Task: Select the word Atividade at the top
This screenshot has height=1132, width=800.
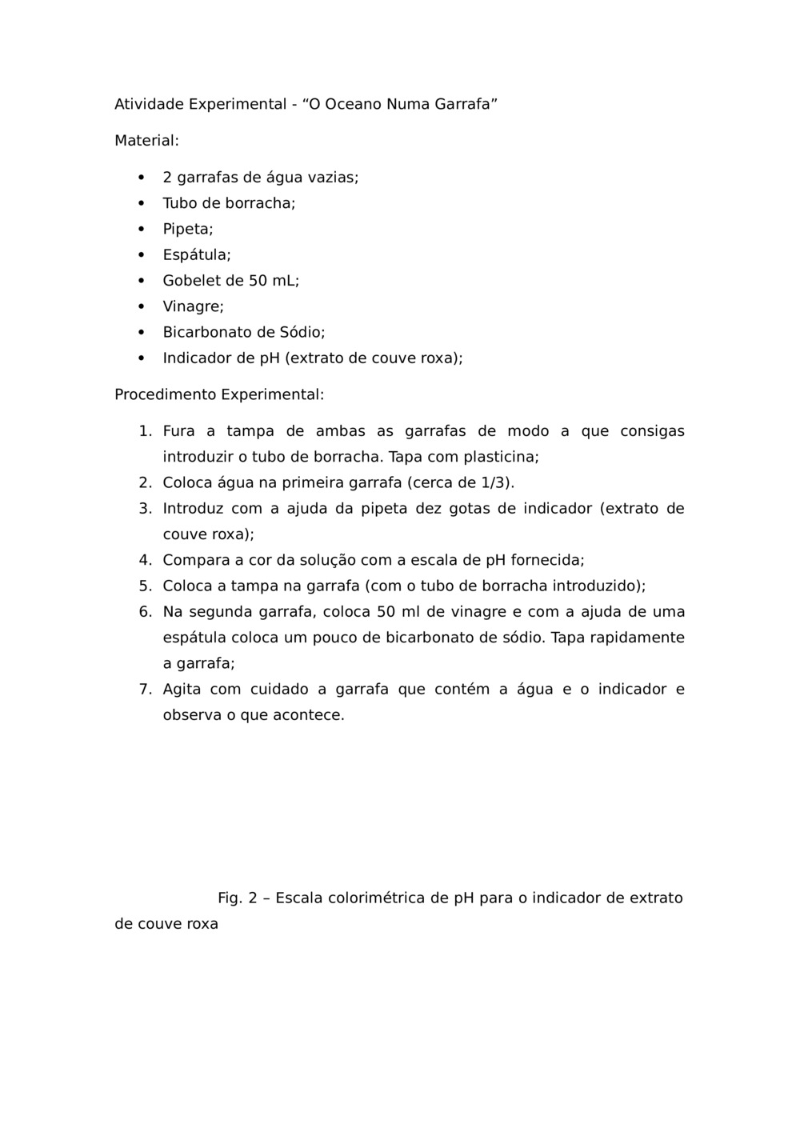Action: tap(150, 104)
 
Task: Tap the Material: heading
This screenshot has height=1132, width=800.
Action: tap(146, 141)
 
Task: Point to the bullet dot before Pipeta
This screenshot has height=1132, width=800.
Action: tap(141, 229)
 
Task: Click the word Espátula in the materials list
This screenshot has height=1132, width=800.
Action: tap(196, 255)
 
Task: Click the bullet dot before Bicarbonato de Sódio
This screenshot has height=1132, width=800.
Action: tap(141, 332)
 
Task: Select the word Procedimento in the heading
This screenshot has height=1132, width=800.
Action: tap(166, 394)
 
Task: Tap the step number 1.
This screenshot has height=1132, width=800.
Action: tap(144, 431)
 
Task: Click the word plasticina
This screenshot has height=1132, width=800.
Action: tap(501, 457)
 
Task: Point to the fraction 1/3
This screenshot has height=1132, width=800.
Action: tap(495, 482)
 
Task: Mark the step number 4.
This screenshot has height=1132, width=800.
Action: tap(144, 560)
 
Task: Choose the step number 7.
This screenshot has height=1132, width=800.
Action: tap(144, 689)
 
